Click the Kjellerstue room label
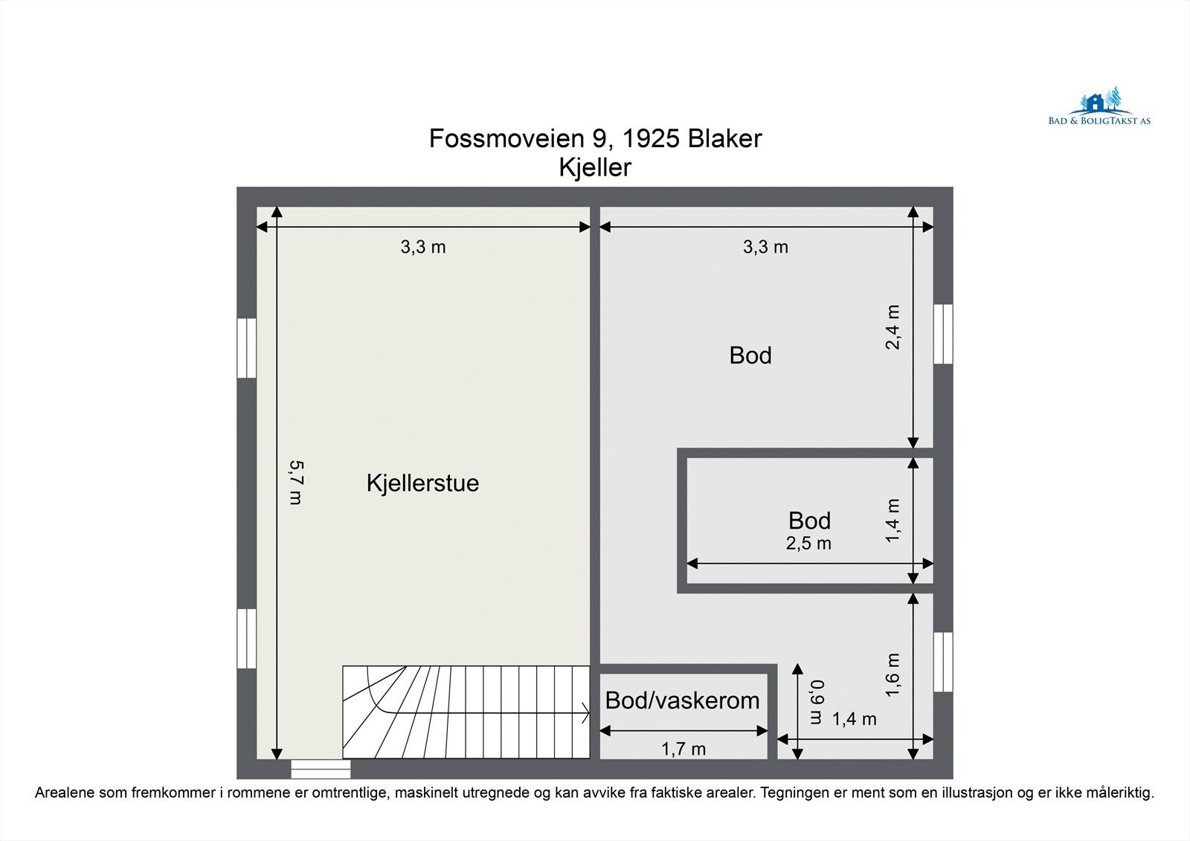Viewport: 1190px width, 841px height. pos(422,483)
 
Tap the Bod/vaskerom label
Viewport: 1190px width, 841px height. pos(682,700)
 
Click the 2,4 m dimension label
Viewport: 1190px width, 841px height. pos(893,327)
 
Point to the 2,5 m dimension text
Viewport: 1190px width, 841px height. pos(808,544)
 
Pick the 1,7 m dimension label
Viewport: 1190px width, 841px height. pos(684,749)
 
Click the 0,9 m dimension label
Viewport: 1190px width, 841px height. pos(817,701)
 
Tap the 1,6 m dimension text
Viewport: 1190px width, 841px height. pos(893,674)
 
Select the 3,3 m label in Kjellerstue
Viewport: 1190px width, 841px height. pos(423,247)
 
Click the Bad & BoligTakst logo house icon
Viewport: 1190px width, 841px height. pos(1095,103)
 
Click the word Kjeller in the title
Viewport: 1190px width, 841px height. pos(595,167)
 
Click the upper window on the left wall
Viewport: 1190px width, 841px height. pos(246,347)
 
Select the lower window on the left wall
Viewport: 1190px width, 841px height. pos(246,638)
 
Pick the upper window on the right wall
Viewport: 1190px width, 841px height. pos(943,334)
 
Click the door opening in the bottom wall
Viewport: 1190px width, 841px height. pos(320,768)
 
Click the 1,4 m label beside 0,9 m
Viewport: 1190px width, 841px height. pos(854,719)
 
